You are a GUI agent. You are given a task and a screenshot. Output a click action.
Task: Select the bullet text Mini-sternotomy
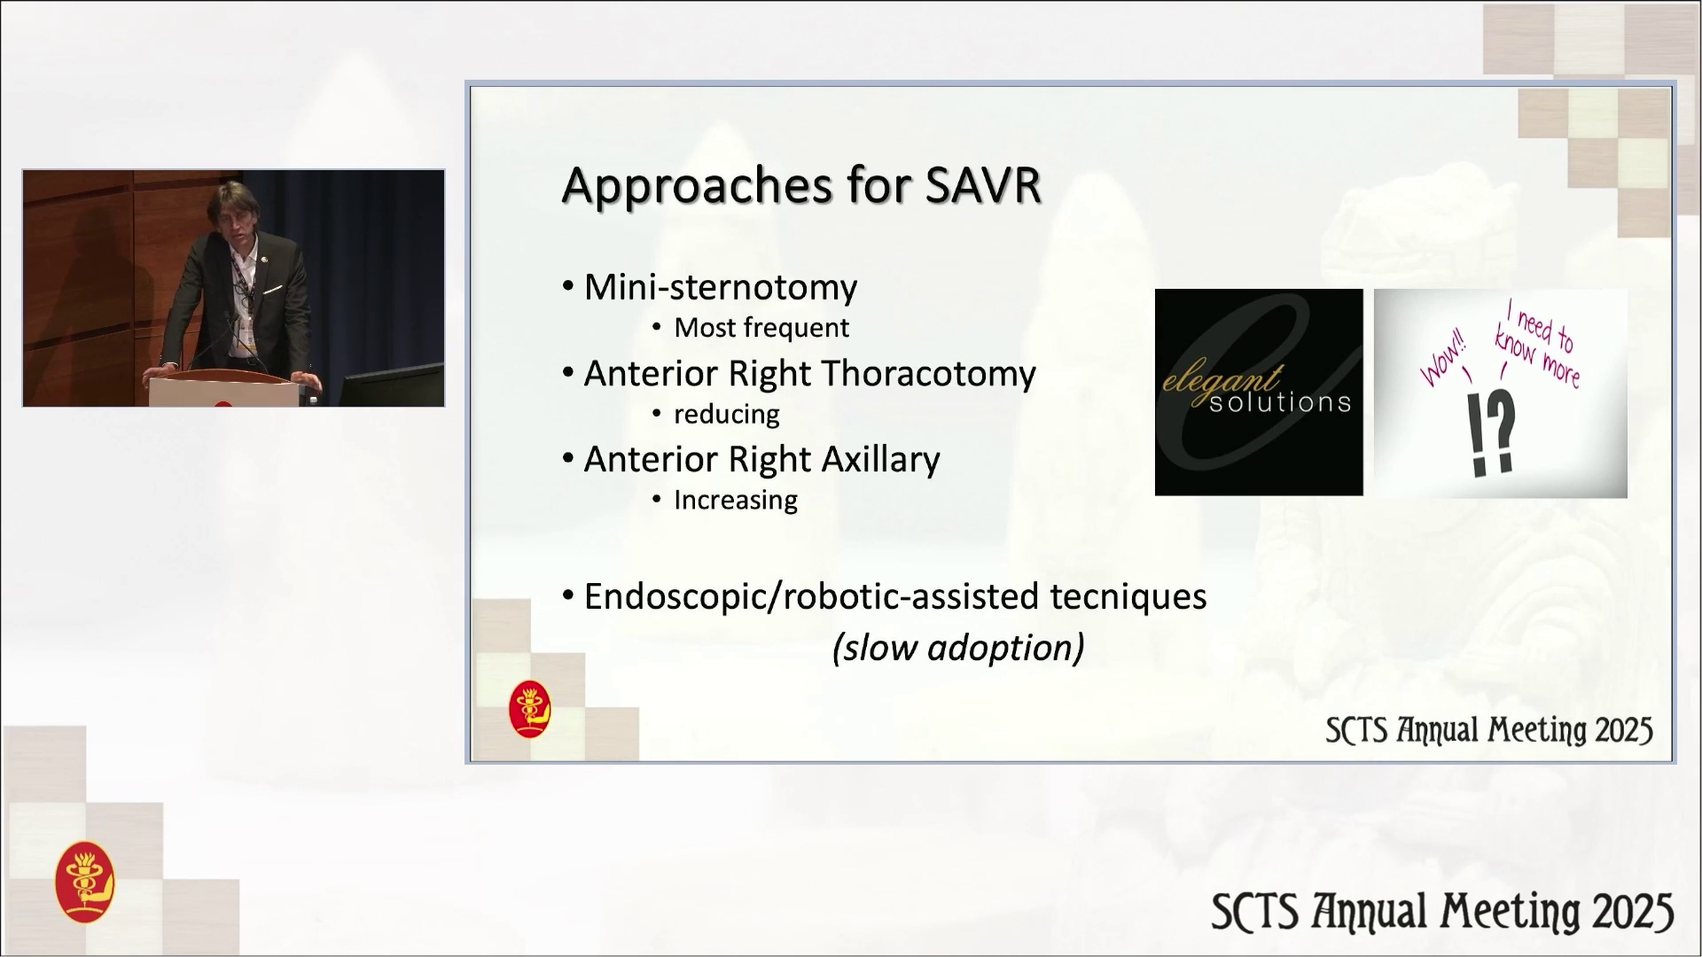(x=721, y=287)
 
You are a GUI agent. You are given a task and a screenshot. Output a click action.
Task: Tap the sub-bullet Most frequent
(x=761, y=328)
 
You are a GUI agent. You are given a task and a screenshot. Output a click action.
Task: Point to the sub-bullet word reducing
(x=727, y=414)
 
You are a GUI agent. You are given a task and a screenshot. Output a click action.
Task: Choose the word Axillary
(x=880, y=460)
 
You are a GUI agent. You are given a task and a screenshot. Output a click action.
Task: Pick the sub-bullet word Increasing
(x=736, y=500)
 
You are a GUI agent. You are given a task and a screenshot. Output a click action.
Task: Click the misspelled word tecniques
(x=1128, y=596)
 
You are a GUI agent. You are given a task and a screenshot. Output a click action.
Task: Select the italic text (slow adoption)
(x=958, y=648)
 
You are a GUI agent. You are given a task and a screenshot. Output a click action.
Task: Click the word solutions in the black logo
(x=1280, y=403)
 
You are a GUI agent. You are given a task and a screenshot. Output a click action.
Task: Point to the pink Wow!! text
(x=1445, y=357)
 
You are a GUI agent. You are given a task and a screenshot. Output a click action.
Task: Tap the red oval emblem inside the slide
(x=530, y=709)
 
